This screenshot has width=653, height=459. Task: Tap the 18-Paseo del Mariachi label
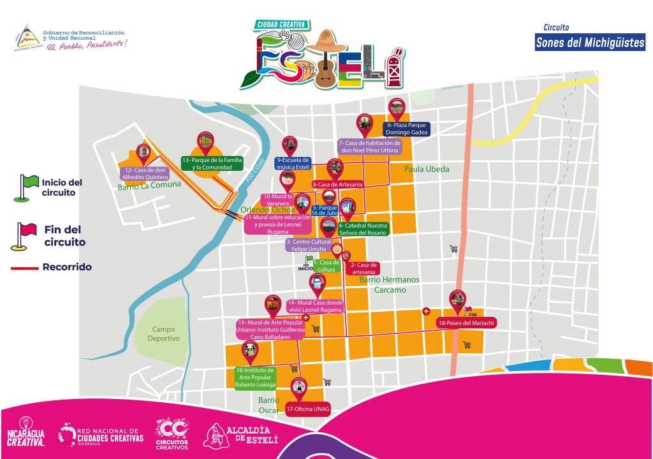click(x=467, y=324)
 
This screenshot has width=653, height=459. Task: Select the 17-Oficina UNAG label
click(x=307, y=408)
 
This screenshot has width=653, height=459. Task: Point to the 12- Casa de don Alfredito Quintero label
click(x=145, y=173)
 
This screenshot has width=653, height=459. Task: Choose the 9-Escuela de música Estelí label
click(x=293, y=164)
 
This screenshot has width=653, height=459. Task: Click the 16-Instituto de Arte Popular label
click(x=256, y=377)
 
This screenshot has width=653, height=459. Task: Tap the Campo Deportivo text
click(x=166, y=334)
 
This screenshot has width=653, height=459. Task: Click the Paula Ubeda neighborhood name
click(x=426, y=170)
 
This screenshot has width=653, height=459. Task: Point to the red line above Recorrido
click(x=24, y=268)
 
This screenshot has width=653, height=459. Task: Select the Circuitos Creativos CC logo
click(x=172, y=434)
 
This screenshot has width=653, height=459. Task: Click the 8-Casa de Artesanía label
click(x=337, y=184)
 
